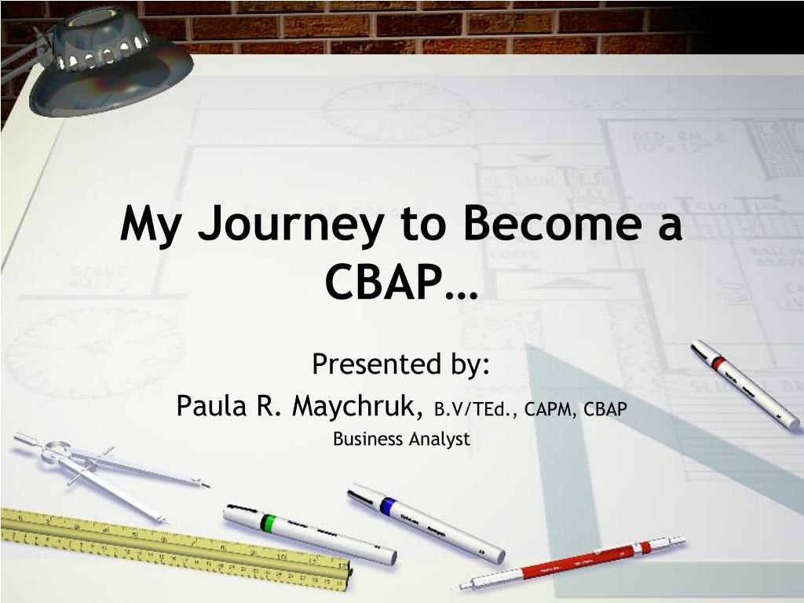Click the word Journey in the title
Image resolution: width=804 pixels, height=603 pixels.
(291, 225)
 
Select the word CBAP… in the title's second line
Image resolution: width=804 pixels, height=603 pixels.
(401, 282)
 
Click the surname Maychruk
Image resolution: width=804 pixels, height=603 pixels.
(358, 406)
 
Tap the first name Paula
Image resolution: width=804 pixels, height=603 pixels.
(210, 406)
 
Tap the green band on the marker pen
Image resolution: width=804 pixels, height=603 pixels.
(267, 524)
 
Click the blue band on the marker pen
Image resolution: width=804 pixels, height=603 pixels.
(388, 506)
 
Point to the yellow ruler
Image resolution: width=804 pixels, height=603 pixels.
(175, 548)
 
